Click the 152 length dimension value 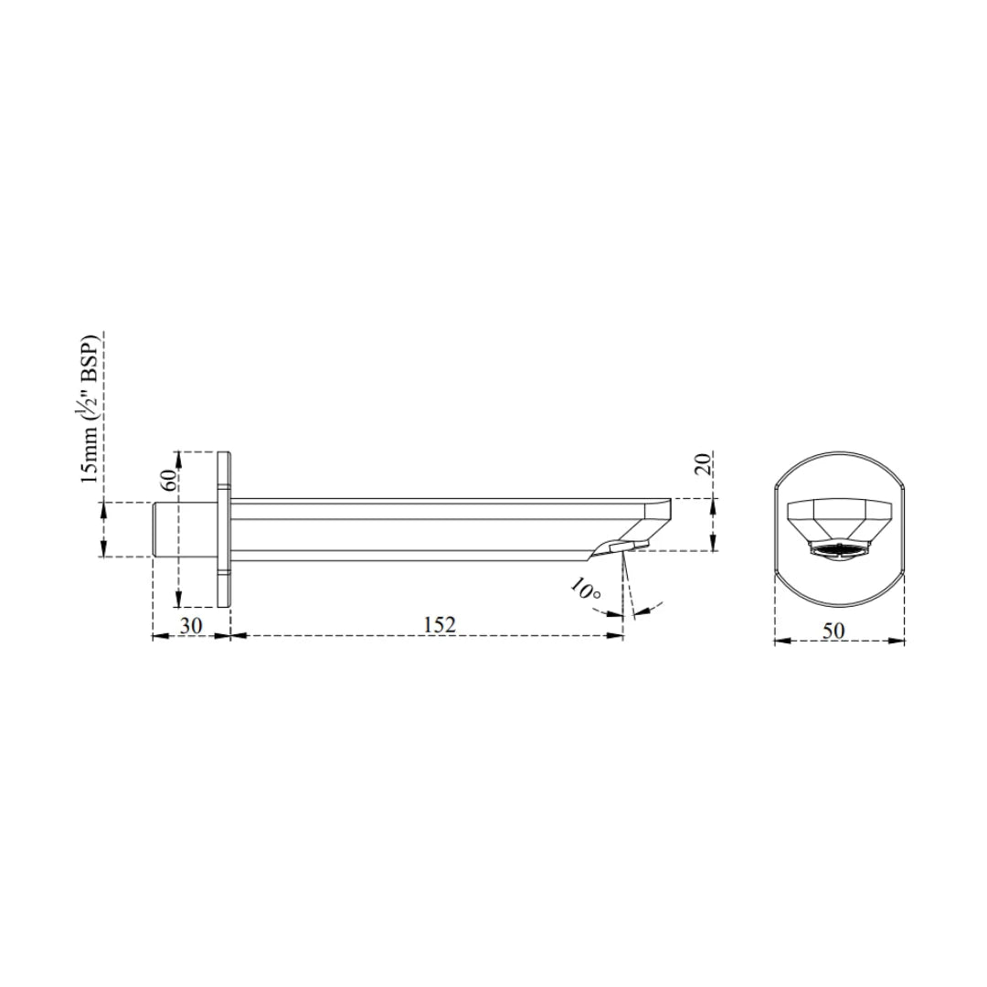[440, 624]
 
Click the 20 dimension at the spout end [703, 463]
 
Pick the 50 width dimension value [833, 630]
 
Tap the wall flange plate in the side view [224, 528]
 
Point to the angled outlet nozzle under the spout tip [617, 547]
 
